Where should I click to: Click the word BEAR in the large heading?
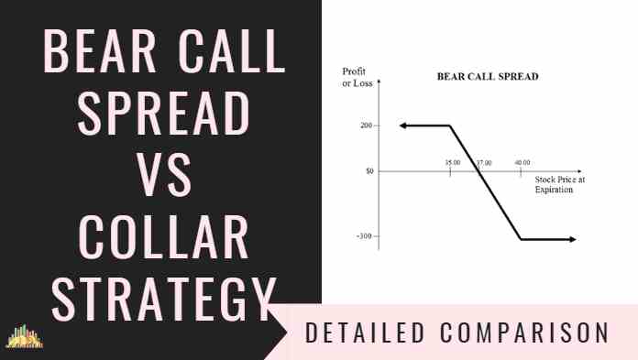(x=100, y=51)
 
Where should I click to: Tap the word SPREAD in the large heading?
(x=163, y=113)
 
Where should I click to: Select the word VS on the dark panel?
(x=163, y=175)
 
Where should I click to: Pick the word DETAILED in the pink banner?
(x=365, y=333)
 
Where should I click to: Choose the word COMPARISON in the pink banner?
(x=524, y=333)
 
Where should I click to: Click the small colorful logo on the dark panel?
(x=24, y=336)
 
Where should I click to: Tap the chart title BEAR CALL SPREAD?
(x=488, y=76)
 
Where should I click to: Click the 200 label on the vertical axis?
(x=366, y=125)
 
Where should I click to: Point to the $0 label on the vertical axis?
(x=369, y=171)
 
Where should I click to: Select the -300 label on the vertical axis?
(x=364, y=236)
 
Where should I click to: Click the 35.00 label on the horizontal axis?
(x=453, y=163)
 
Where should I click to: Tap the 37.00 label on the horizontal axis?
(x=484, y=163)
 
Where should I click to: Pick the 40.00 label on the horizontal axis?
(x=522, y=163)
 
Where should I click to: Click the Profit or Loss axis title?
(x=357, y=77)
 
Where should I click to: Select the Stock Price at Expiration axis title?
(x=559, y=184)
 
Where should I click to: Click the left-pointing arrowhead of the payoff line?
(x=403, y=125)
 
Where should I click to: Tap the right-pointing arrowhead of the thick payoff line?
(x=573, y=240)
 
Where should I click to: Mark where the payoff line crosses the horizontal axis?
(x=478, y=171)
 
